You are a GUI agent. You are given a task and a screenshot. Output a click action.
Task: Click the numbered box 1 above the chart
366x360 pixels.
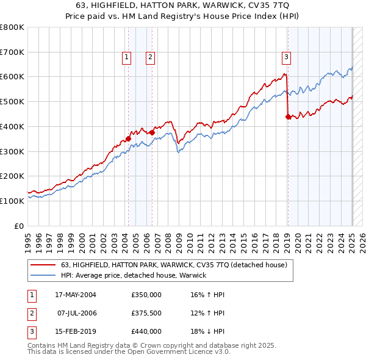pyautogui.click(x=126, y=58)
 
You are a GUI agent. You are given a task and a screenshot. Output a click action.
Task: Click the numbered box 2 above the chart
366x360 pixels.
pyautogui.click(x=149, y=58)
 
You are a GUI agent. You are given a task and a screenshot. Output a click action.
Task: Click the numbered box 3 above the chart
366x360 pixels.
pyautogui.click(x=286, y=58)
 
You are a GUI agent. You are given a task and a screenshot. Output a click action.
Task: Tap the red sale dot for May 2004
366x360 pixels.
pyautogui.click(x=128, y=139)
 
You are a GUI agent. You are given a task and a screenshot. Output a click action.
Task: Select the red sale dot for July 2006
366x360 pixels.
pyautogui.click(x=152, y=132)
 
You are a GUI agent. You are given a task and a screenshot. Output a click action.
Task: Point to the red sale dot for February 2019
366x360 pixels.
pyautogui.click(x=288, y=116)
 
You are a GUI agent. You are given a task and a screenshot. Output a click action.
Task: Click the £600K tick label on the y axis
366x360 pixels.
pyautogui.click(x=12, y=77)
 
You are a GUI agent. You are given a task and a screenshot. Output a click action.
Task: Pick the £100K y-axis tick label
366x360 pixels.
pyautogui.click(x=12, y=201)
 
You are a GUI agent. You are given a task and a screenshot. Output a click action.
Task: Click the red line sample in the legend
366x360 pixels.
pyautogui.click(x=43, y=265)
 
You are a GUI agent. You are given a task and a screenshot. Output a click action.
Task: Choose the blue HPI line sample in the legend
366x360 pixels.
pyautogui.click(x=43, y=275)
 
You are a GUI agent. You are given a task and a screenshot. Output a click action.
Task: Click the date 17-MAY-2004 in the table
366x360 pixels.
pyautogui.click(x=76, y=295)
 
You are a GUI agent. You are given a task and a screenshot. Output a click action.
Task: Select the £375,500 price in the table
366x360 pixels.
pyautogui.click(x=146, y=313)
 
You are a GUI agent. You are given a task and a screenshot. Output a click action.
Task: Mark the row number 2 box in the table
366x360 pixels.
pyautogui.click(x=31, y=313)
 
